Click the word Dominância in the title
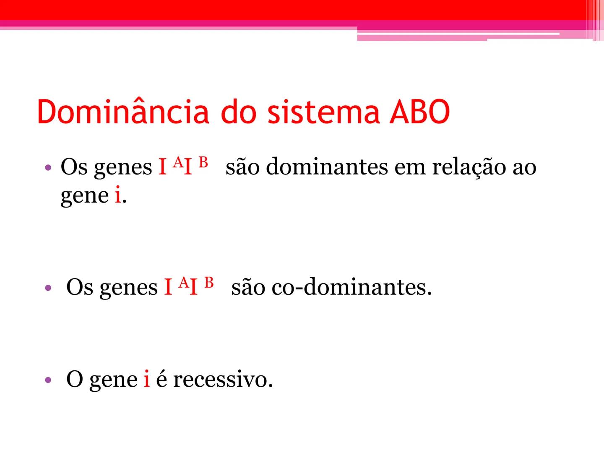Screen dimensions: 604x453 (123, 111)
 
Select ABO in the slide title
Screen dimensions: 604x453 (419, 112)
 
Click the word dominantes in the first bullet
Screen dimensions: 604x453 (327, 167)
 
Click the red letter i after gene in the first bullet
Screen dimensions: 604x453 (118, 195)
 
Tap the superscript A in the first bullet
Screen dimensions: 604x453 (178, 162)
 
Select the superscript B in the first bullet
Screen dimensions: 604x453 (203, 162)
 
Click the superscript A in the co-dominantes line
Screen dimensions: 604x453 (184, 282)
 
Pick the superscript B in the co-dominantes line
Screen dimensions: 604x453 (209, 282)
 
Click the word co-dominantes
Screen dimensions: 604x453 (351, 287)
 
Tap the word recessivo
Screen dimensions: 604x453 (223, 380)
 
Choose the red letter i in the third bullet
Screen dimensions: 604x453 (147, 378)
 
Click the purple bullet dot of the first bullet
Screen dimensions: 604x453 (48, 167)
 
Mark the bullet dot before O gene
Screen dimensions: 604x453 (48, 380)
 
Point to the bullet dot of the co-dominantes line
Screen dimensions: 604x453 (48, 288)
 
